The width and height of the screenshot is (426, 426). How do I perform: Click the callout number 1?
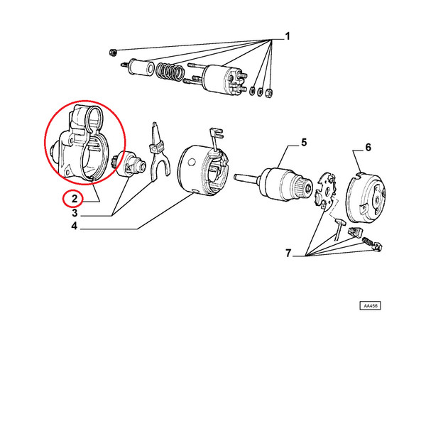coord(288,36)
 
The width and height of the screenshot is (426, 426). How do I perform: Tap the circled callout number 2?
coord(75,199)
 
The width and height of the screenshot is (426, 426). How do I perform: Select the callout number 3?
coord(75,213)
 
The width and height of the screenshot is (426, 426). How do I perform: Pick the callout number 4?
coord(74,226)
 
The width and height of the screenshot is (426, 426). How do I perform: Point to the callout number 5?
coord(304,143)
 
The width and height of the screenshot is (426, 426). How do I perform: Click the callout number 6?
coord(368,147)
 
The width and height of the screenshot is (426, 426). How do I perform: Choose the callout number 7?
coord(288,253)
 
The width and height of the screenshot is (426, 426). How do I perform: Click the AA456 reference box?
coord(370,305)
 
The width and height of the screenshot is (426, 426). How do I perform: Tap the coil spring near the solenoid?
coord(170,72)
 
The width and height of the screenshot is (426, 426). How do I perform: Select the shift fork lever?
coord(159,152)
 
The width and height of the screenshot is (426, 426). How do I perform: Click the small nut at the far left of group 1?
coord(113,52)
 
